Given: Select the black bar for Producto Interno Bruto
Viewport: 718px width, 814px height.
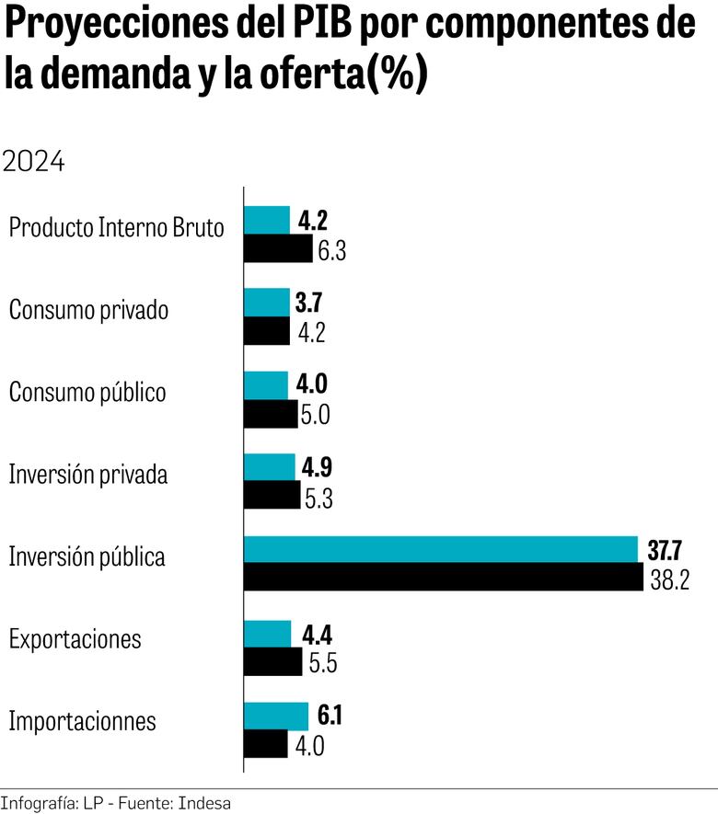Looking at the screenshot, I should pos(278,249).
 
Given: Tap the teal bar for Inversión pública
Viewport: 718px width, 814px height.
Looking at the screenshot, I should pos(441,550).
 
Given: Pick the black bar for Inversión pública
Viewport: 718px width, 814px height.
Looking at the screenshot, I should pos(444,578).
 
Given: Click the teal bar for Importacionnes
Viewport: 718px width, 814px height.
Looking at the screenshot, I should pos(276,716).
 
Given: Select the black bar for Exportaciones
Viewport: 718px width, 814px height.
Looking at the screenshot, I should pos(272,661).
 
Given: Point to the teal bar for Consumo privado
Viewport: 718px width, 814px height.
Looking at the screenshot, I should pos(267,303).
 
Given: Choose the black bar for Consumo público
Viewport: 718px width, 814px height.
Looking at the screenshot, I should pos(271,414).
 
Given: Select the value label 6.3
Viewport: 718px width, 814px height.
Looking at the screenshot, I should pos(331,251).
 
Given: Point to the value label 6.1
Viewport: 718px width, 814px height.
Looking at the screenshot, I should pos(329,715).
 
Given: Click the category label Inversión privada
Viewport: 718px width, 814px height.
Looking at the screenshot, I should pos(88,475).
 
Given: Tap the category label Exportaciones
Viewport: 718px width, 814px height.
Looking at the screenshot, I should pos(75,639).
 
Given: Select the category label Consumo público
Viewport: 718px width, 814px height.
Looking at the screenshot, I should pos(87,393).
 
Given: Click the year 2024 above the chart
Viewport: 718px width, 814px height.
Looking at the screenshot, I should pos(34,162).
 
